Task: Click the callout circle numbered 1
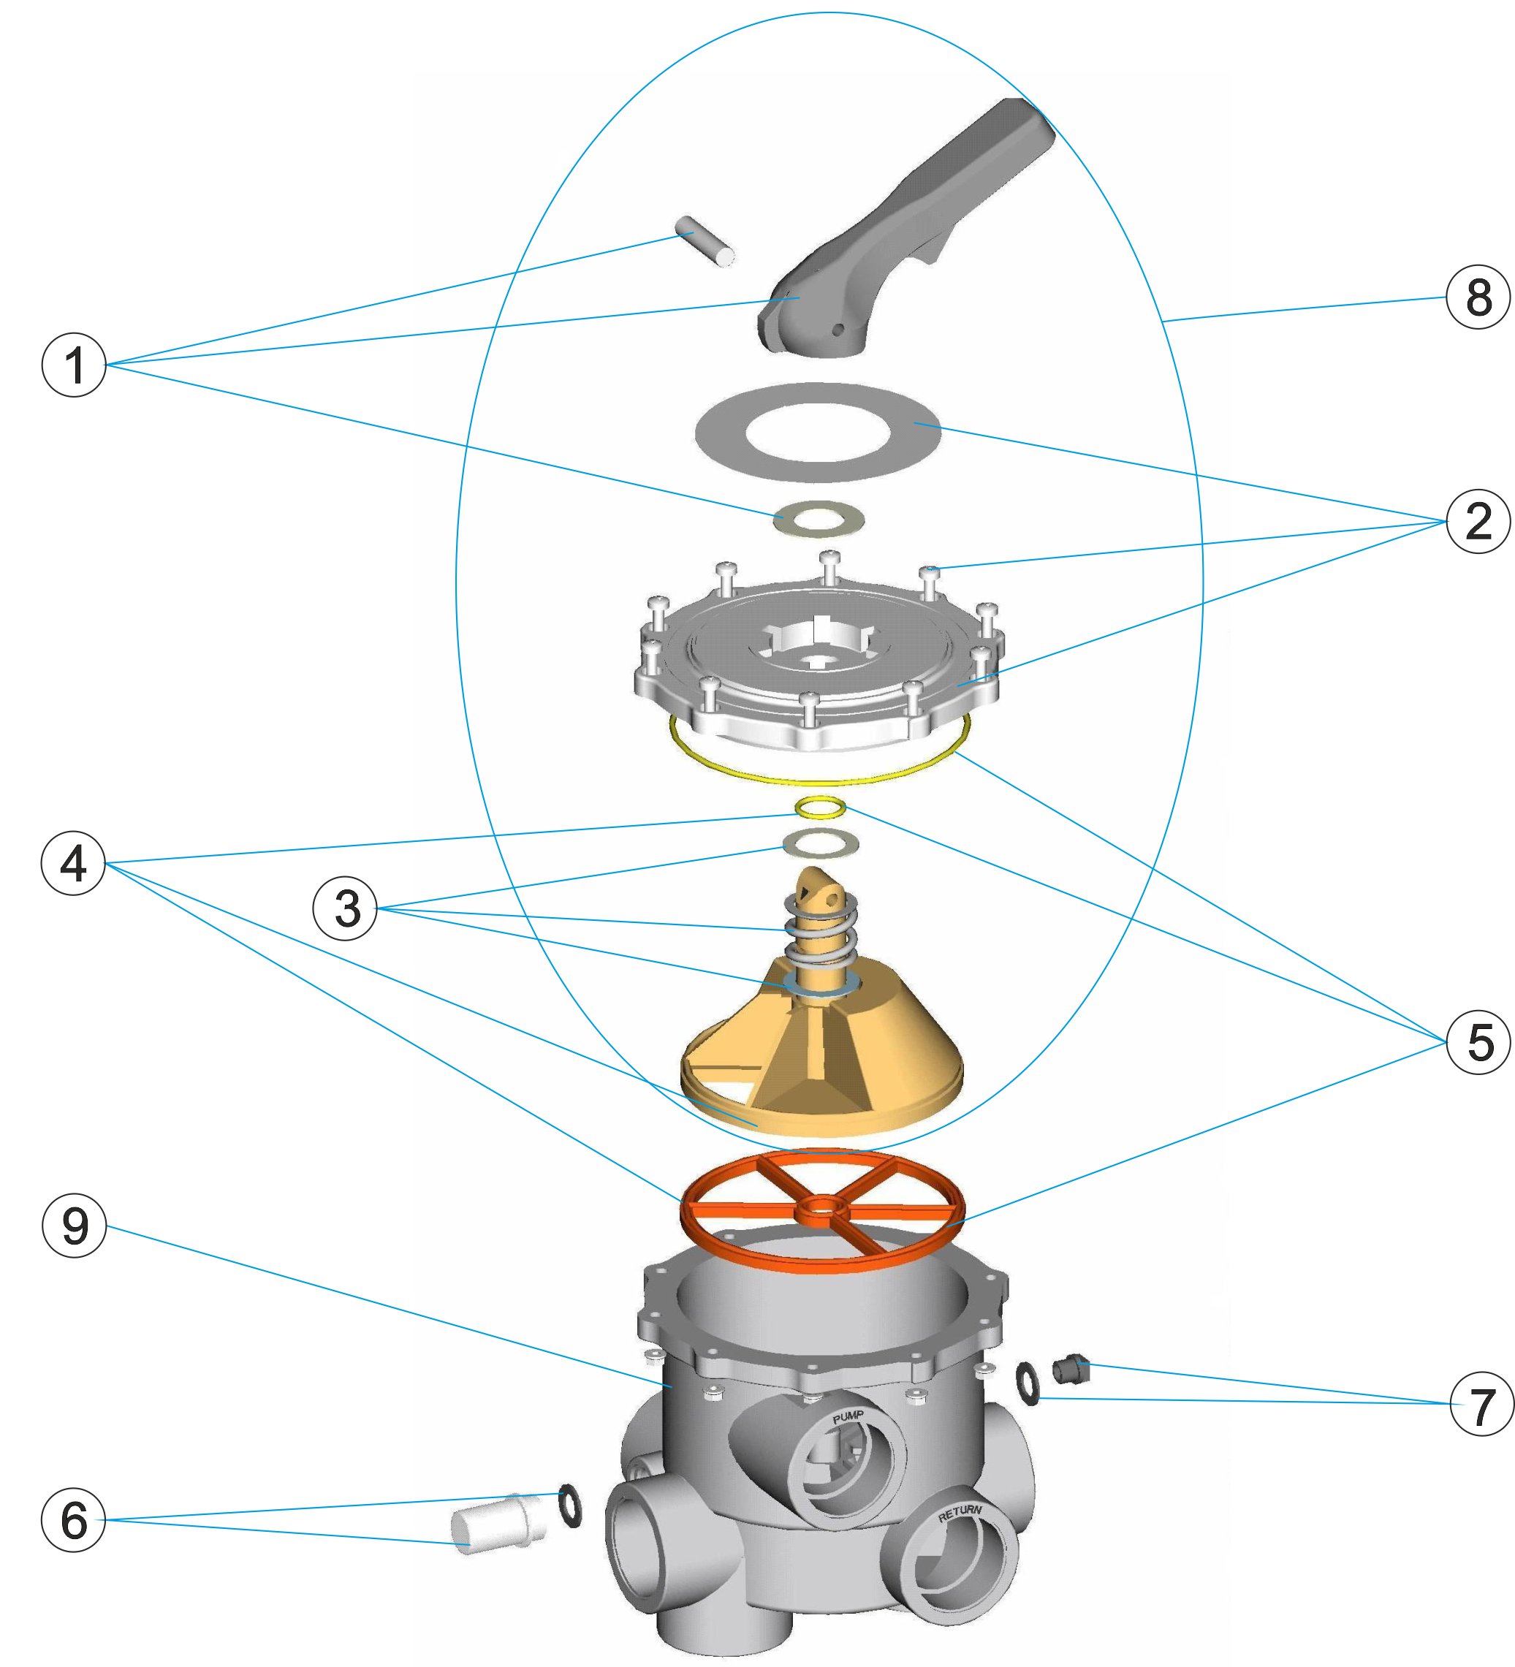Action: coord(75,365)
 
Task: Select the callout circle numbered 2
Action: coord(1478,521)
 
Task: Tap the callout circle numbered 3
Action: coord(345,908)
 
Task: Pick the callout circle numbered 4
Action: coord(74,863)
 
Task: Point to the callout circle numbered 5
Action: coord(1478,1042)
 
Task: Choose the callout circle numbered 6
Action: coord(74,1521)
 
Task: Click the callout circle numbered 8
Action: coord(1478,297)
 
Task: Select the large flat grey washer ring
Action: coord(818,433)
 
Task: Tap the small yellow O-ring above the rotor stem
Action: coord(819,807)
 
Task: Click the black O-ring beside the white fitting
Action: coord(570,1505)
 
